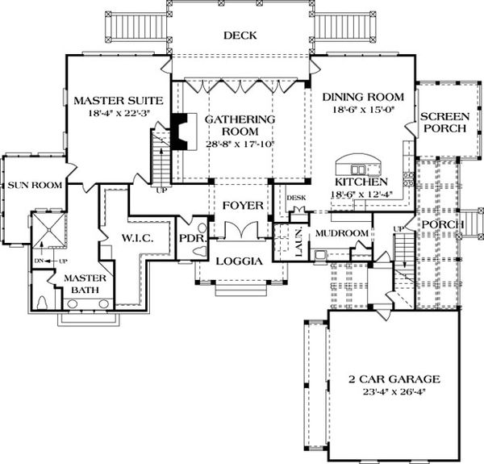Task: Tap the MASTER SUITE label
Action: click(x=119, y=101)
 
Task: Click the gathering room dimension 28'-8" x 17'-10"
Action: click(x=240, y=144)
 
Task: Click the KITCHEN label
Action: click(x=361, y=182)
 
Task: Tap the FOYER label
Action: click(x=242, y=206)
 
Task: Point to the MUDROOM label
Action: click(x=341, y=233)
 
